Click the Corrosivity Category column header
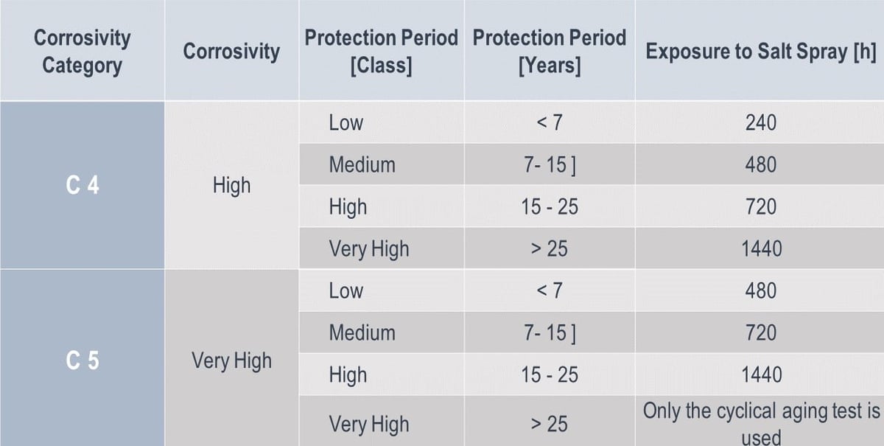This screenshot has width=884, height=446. (x=83, y=51)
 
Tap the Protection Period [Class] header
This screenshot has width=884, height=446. (x=381, y=52)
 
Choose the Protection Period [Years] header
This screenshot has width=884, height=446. (x=550, y=52)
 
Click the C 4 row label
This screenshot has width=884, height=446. (x=83, y=186)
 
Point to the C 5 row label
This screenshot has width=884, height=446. (x=83, y=361)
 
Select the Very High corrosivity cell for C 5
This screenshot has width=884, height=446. (x=231, y=361)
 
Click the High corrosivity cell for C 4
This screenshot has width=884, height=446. (x=231, y=186)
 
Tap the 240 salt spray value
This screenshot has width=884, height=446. (x=760, y=122)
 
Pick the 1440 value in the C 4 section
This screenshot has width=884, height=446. (x=761, y=249)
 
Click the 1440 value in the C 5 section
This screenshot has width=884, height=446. (x=761, y=375)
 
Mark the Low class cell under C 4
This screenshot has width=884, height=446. (x=346, y=122)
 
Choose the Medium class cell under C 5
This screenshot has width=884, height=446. (x=362, y=333)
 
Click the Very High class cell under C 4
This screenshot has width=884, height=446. (x=368, y=249)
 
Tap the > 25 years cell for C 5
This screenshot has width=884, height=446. (x=550, y=424)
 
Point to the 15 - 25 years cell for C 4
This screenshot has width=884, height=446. (x=550, y=207)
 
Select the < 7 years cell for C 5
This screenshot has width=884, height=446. (x=550, y=291)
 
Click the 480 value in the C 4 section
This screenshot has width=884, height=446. (x=760, y=164)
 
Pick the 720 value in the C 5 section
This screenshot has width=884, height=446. (x=760, y=333)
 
